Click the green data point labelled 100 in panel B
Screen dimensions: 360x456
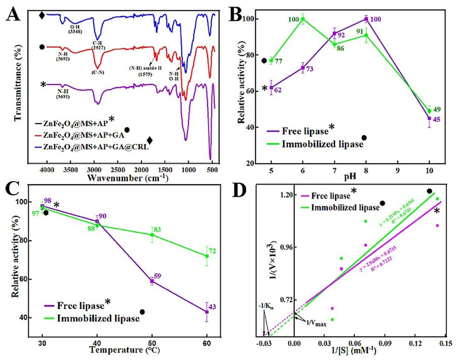pyautogui.click(x=303, y=20)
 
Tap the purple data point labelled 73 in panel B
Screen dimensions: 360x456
pyautogui.click(x=303, y=68)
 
